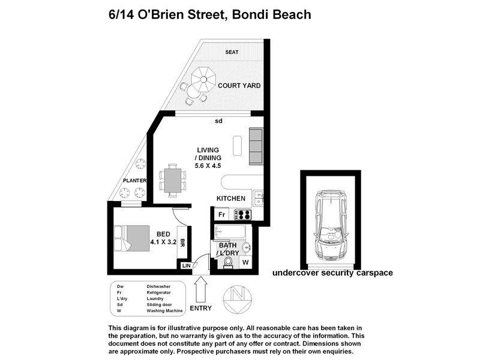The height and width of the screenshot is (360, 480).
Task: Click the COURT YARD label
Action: [239, 86]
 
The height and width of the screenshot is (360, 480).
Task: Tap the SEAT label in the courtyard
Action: [232, 52]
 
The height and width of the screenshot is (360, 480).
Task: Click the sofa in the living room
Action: [255, 147]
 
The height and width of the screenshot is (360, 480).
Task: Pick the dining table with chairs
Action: [173, 179]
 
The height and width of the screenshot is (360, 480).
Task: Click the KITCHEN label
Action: [231, 199]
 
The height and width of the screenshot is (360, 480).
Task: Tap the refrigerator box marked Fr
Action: [221, 215]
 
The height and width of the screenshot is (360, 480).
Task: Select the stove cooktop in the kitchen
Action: [244, 214]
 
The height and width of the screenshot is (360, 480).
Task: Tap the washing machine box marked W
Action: [245, 262]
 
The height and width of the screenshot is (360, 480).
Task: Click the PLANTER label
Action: [134, 180]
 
